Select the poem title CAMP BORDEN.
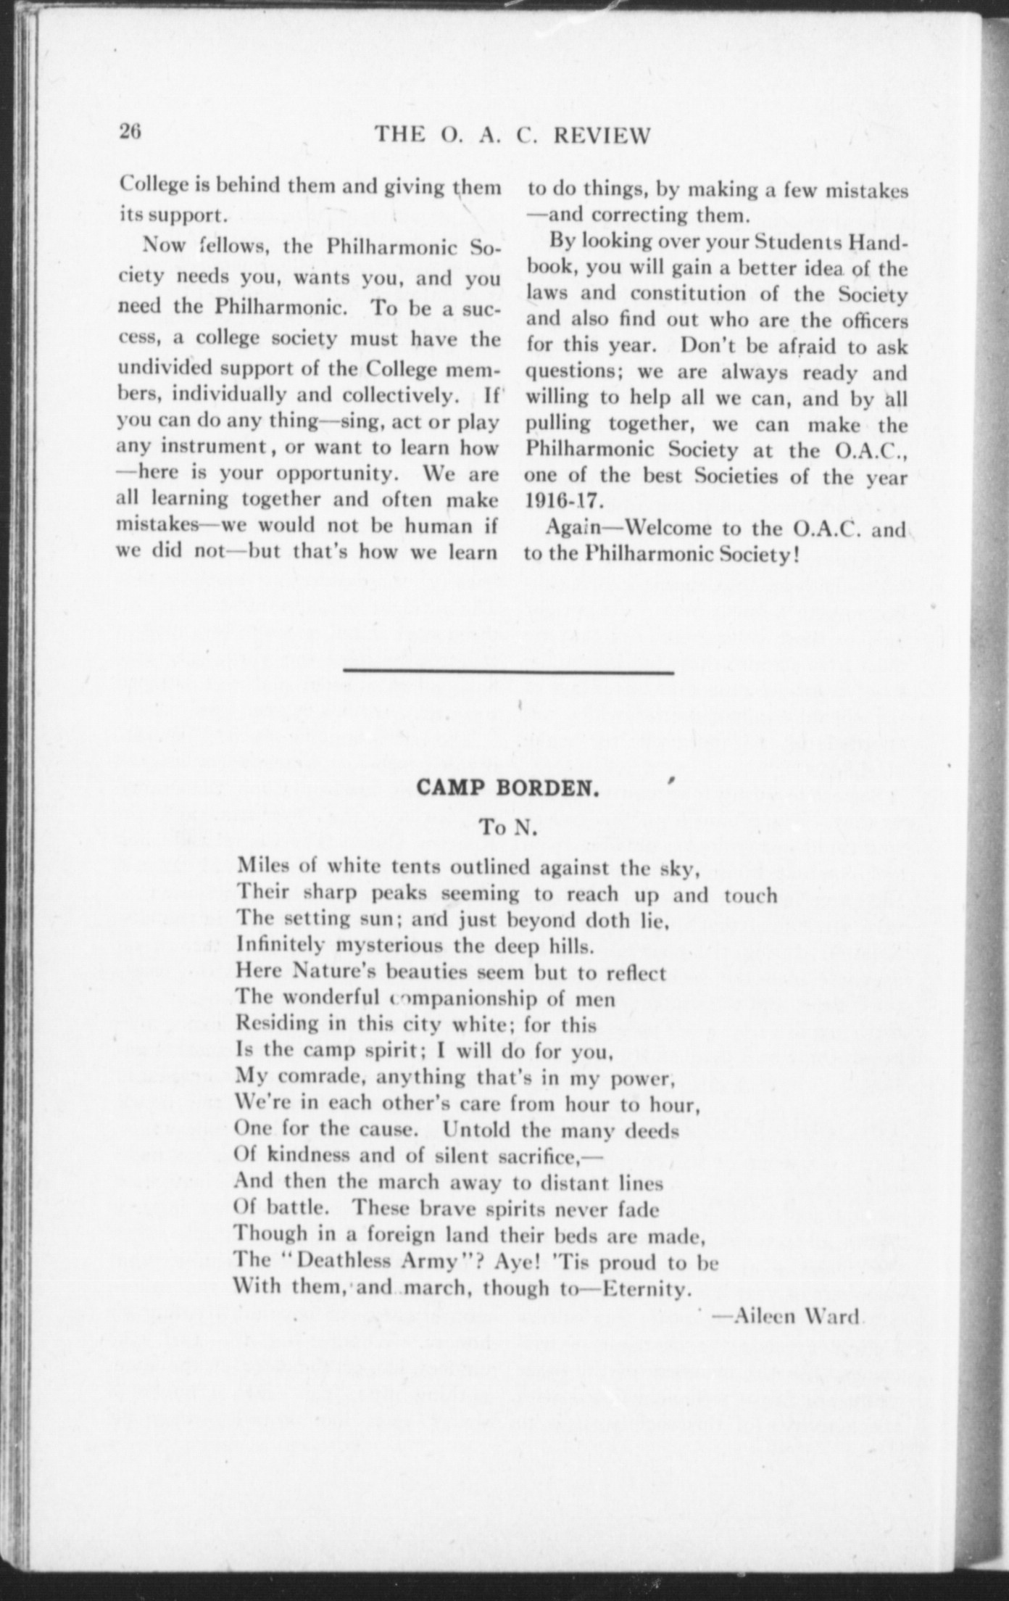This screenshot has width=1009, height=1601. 507,789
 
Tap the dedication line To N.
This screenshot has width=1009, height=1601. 508,828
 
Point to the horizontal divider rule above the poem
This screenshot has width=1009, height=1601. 508,674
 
